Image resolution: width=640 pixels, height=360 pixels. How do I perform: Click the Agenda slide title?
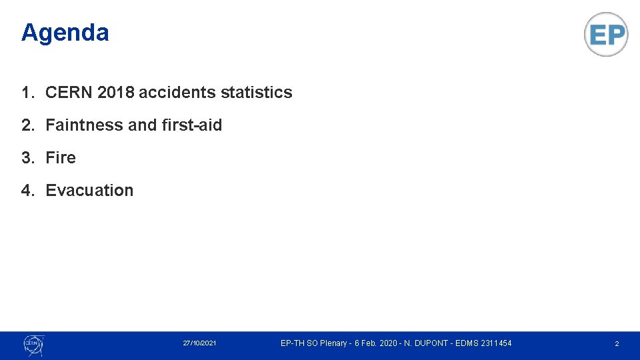(x=65, y=33)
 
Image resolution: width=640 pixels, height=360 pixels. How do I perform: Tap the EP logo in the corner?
(x=606, y=34)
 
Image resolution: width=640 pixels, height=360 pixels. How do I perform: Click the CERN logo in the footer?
(x=33, y=344)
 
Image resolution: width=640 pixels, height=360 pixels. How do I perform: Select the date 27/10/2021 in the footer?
(x=199, y=343)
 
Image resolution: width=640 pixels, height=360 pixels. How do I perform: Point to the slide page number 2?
(x=617, y=344)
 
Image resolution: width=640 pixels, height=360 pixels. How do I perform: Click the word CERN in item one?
(x=69, y=93)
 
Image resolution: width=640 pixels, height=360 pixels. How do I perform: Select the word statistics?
(x=256, y=93)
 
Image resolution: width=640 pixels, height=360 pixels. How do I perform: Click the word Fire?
(x=61, y=158)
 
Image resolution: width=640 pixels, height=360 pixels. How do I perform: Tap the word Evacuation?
(x=89, y=191)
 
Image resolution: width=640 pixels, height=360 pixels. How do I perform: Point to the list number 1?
(x=26, y=93)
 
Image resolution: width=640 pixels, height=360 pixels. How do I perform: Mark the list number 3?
(x=26, y=158)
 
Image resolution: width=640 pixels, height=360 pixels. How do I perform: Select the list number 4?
(x=26, y=191)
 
